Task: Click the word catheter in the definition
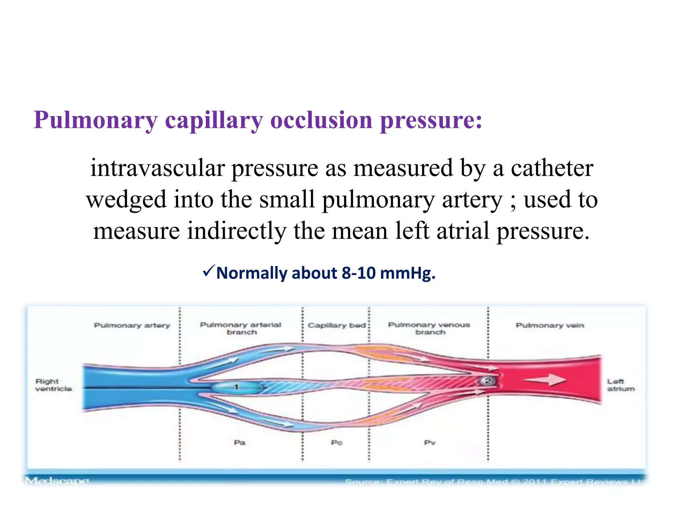tap(552, 168)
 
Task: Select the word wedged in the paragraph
tap(126, 200)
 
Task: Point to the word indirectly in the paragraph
tap(237, 231)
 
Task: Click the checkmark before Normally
tap(209, 271)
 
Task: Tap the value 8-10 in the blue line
tap(359, 273)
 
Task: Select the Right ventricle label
tap(54, 385)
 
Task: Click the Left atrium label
tap(620, 385)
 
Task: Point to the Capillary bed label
tap(336, 325)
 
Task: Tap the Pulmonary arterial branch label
tap(241, 328)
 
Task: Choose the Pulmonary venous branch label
tap(429, 328)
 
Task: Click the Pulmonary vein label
tap(550, 325)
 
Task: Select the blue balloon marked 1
tap(236, 387)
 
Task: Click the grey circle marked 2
tap(488, 381)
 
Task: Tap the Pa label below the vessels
tap(240, 443)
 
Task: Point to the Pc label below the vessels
tap(337, 443)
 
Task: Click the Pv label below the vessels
tap(429, 443)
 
